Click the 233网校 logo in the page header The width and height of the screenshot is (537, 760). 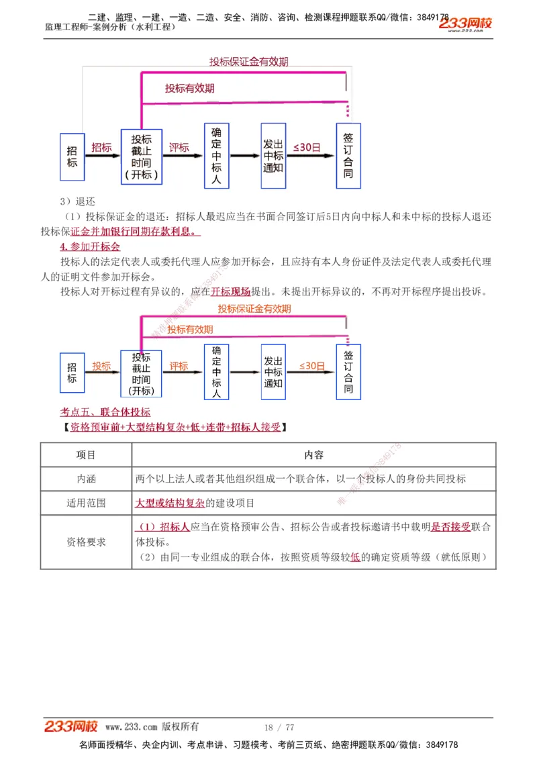(465, 23)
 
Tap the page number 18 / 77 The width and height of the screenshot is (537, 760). (279, 727)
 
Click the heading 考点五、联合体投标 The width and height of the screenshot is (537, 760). (105, 412)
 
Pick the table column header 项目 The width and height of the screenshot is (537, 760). (86, 455)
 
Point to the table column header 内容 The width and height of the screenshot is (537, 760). (313, 455)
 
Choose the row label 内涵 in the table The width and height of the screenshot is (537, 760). (86, 479)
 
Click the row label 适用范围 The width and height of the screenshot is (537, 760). (86, 503)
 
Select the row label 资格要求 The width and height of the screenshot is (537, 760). (86, 542)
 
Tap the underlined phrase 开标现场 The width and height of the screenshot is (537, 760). (230, 291)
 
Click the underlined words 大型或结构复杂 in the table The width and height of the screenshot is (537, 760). (170, 503)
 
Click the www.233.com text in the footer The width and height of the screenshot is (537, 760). (132, 727)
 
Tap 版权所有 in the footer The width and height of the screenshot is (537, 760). (181, 727)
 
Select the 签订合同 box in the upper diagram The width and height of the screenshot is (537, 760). (348, 155)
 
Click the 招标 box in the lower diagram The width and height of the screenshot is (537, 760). (72, 373)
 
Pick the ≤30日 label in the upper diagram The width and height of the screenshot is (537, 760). (306, 147)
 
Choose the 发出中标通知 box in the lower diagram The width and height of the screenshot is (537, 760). (273, 373)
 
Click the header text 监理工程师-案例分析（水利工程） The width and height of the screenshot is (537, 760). (110, 27)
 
